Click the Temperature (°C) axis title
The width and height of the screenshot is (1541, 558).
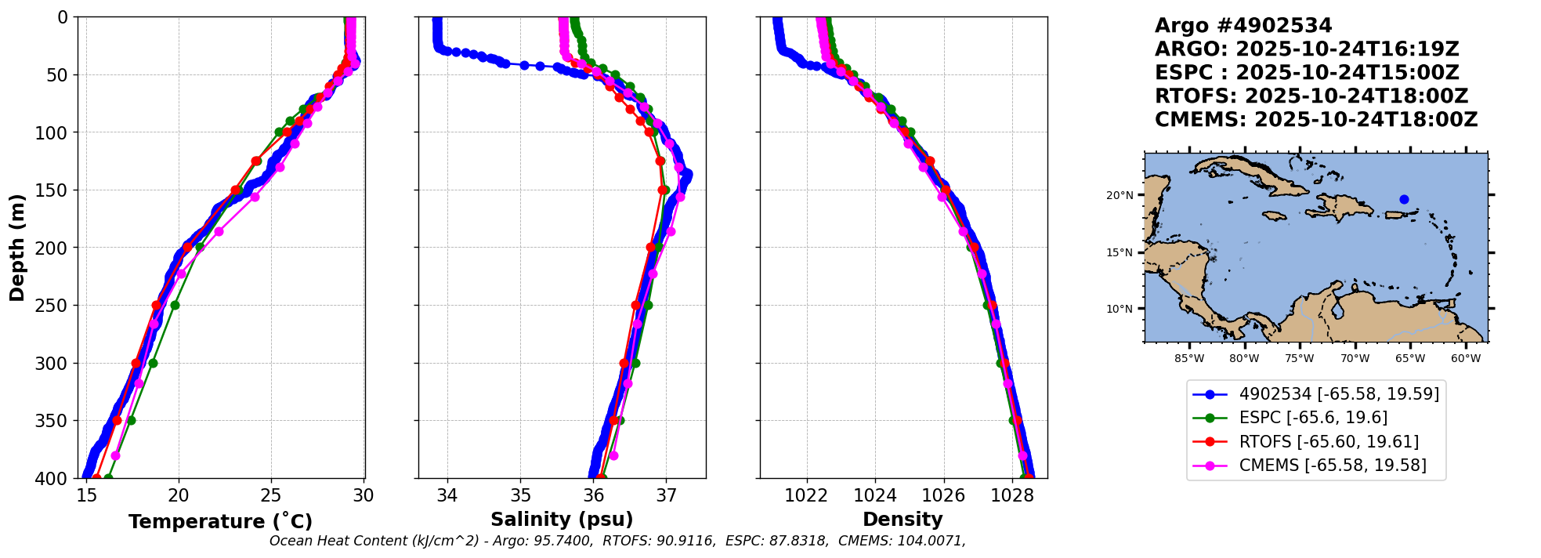[220, 522]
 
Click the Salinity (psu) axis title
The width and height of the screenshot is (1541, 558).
[562, 520]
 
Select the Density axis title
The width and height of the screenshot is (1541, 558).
[903, 520]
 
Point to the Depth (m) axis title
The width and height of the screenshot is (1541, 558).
[17, 247]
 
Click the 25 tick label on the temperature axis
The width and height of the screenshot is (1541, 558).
[271, 496]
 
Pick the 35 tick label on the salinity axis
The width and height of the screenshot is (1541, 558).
[521, 496]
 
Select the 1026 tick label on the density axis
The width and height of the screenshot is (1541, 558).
[943, 496]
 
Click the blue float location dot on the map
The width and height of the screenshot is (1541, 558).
[1404, 199]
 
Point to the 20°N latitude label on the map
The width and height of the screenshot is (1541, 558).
[1120, 195]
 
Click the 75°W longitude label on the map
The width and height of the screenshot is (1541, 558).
[1299, 359]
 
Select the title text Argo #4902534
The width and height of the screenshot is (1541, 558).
[1243, 26]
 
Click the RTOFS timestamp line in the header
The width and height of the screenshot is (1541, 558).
[1311, 96]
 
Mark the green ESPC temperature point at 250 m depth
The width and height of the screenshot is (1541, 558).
[175, 305]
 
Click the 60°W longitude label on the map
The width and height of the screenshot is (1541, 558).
[1465, 359]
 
